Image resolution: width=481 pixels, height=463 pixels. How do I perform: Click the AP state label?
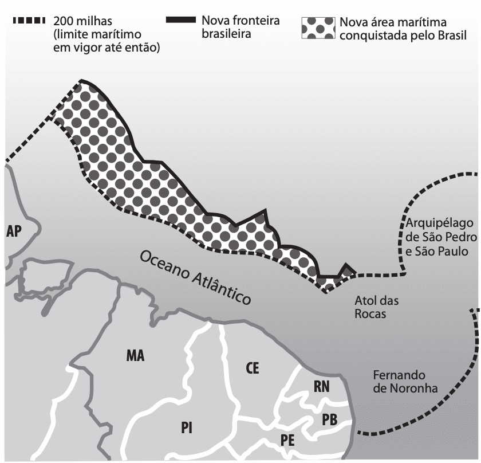[x=14, y=231]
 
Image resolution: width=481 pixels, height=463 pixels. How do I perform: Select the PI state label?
[x=187, y=427]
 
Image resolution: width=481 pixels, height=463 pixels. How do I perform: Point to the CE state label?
[x=252, y=368]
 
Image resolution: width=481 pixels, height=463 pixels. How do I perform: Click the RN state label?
[x=321, y=387]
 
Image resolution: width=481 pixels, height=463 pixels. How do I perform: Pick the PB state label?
[x=329, y=419]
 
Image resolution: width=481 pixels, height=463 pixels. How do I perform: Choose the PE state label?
[x=287, y=440]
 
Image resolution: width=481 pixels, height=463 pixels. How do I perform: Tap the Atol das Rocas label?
[x=376, y=307]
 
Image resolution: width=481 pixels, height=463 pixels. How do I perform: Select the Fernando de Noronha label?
[x=405, y=382]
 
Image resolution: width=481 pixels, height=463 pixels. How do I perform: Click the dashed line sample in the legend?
[x=29, y=21]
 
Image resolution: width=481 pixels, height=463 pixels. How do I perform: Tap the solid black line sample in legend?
[x=181, y=20]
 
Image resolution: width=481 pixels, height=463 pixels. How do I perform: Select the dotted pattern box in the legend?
[x=318, y=28]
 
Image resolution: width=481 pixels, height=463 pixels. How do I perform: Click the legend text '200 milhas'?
[x=83, y=21]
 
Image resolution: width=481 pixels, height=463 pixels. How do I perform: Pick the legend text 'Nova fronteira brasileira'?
[x=240, y=27]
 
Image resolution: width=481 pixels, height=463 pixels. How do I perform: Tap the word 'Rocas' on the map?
[x=370, y=314]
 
